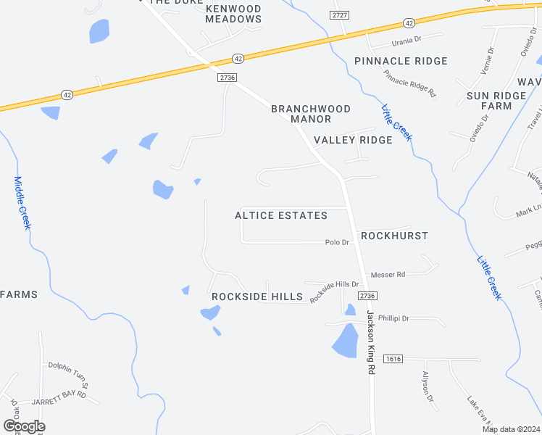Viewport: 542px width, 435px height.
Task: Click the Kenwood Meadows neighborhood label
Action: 233,13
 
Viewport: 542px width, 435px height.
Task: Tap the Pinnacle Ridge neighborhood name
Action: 401,61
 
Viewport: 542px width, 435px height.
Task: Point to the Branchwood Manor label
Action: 311,114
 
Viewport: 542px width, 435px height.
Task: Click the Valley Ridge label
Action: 353,140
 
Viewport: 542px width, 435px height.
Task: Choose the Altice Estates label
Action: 281,215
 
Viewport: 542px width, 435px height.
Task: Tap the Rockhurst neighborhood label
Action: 394,236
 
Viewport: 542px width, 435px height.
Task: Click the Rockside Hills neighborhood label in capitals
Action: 257,297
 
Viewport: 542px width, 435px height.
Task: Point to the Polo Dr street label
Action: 338,242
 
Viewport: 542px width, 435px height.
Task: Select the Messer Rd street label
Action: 388,275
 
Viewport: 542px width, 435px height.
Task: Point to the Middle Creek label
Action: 22,203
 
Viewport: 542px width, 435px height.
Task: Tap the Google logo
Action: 24,426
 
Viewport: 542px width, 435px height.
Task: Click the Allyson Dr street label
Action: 428,387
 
